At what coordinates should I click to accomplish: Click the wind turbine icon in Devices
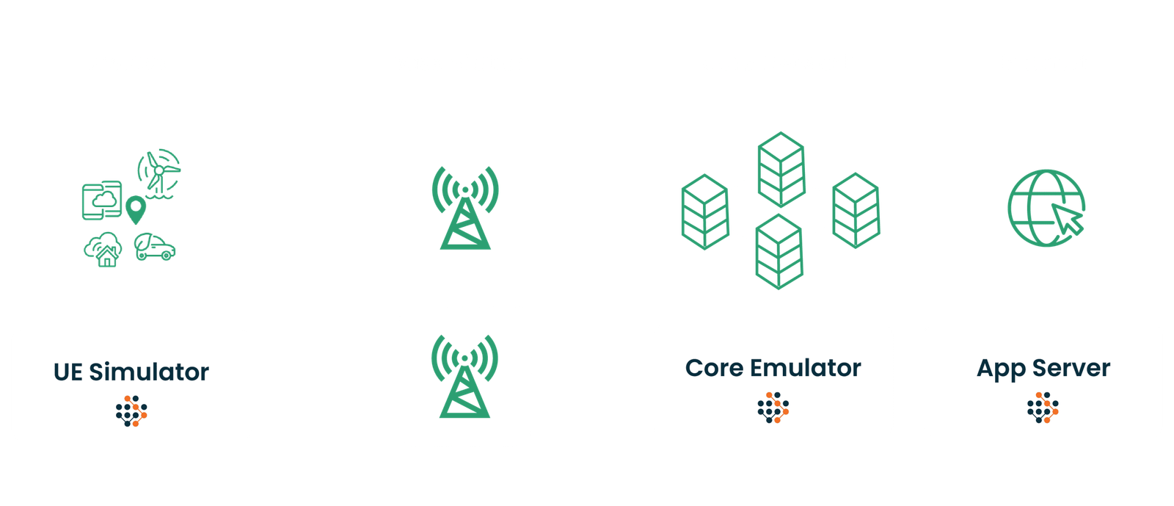click(159, 172)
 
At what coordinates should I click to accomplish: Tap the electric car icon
click(155, 247)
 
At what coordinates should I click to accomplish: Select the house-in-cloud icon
click(103, 249)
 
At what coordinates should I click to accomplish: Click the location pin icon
click(136, 209)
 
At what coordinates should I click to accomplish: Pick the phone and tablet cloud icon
click(101, 200)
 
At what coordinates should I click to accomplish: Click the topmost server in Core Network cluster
click(781, 169)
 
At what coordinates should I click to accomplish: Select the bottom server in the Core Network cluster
click(779, 252)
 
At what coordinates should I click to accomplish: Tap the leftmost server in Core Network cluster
click(704, 212)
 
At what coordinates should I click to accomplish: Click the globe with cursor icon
click(1046, 208)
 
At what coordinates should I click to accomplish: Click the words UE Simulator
click(131, 372)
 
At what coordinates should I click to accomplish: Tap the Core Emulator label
click(773, 368)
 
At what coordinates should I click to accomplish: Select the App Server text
click(1043, 368)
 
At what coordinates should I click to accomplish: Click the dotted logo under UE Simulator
click(131, 411)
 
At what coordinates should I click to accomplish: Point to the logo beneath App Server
click(1043, 408)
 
